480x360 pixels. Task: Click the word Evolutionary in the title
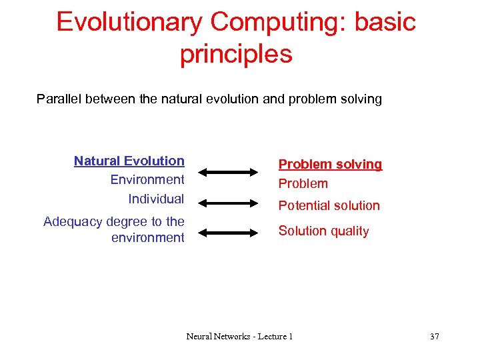click(129, 22)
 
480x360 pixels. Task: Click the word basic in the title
click(386, 22)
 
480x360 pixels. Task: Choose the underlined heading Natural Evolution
click(129, 161)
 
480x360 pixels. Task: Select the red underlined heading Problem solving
click(330, 164)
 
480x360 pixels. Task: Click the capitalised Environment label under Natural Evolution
click(147, 179)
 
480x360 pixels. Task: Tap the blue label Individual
click(156, 199)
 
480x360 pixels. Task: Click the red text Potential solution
click(329, 205)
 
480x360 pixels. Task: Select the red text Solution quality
click(323, 231)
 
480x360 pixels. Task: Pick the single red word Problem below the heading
click(303, 183)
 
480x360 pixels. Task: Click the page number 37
click(435, 337)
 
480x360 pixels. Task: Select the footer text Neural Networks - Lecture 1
click(239, 337)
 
